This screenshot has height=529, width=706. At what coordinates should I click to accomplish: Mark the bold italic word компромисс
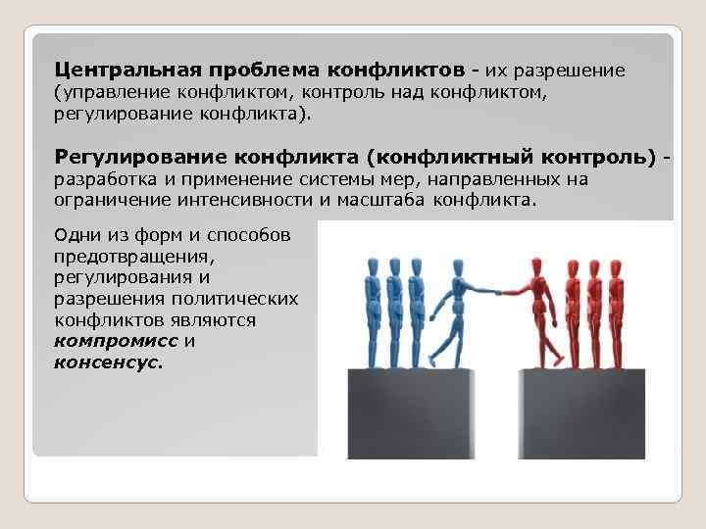117,341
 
